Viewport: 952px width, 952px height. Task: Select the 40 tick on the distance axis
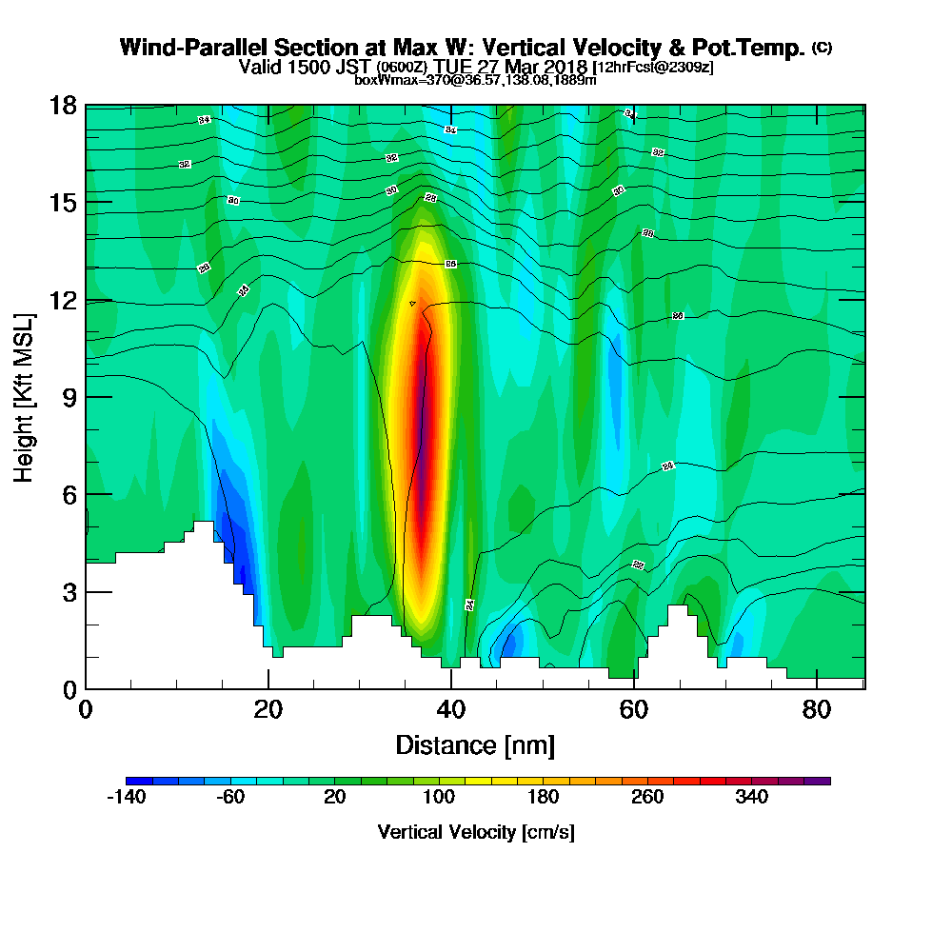451,709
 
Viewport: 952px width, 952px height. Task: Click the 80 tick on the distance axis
817,709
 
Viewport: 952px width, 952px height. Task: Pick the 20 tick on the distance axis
268,709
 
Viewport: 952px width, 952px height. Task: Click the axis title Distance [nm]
475,744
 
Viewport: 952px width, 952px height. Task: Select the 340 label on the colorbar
752,798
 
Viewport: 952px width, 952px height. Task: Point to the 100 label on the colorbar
439,798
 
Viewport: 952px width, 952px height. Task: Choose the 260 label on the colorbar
647,798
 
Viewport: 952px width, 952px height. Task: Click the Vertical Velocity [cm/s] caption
476,832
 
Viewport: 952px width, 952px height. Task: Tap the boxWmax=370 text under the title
390,80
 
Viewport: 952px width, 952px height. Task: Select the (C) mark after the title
822,48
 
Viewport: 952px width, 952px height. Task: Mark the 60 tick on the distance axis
634,709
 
